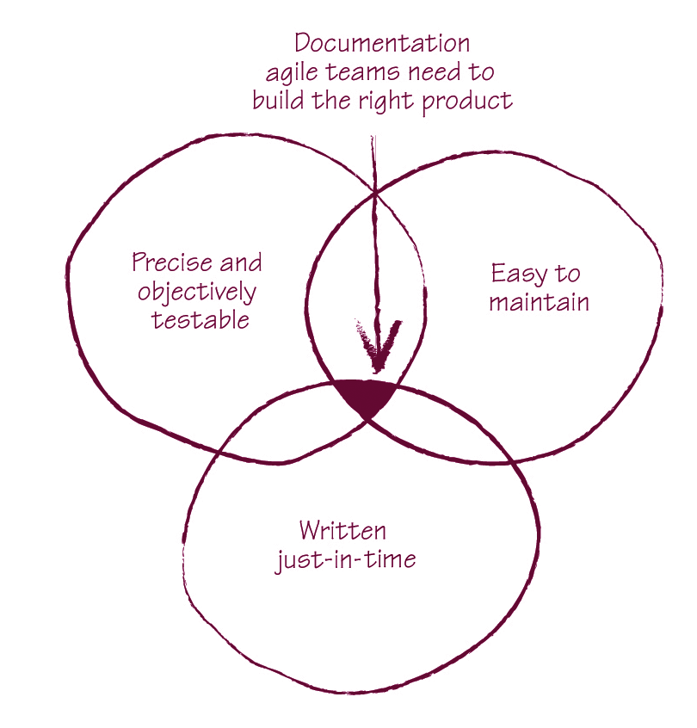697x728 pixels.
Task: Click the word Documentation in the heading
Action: (382, 43)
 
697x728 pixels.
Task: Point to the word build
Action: (276, 101)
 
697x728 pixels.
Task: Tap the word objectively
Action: (197, 292)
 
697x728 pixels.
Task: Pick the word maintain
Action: (539, 303)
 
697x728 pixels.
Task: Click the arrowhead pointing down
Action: (376, 341)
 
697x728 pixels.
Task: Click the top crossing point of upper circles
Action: (375, 192)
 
